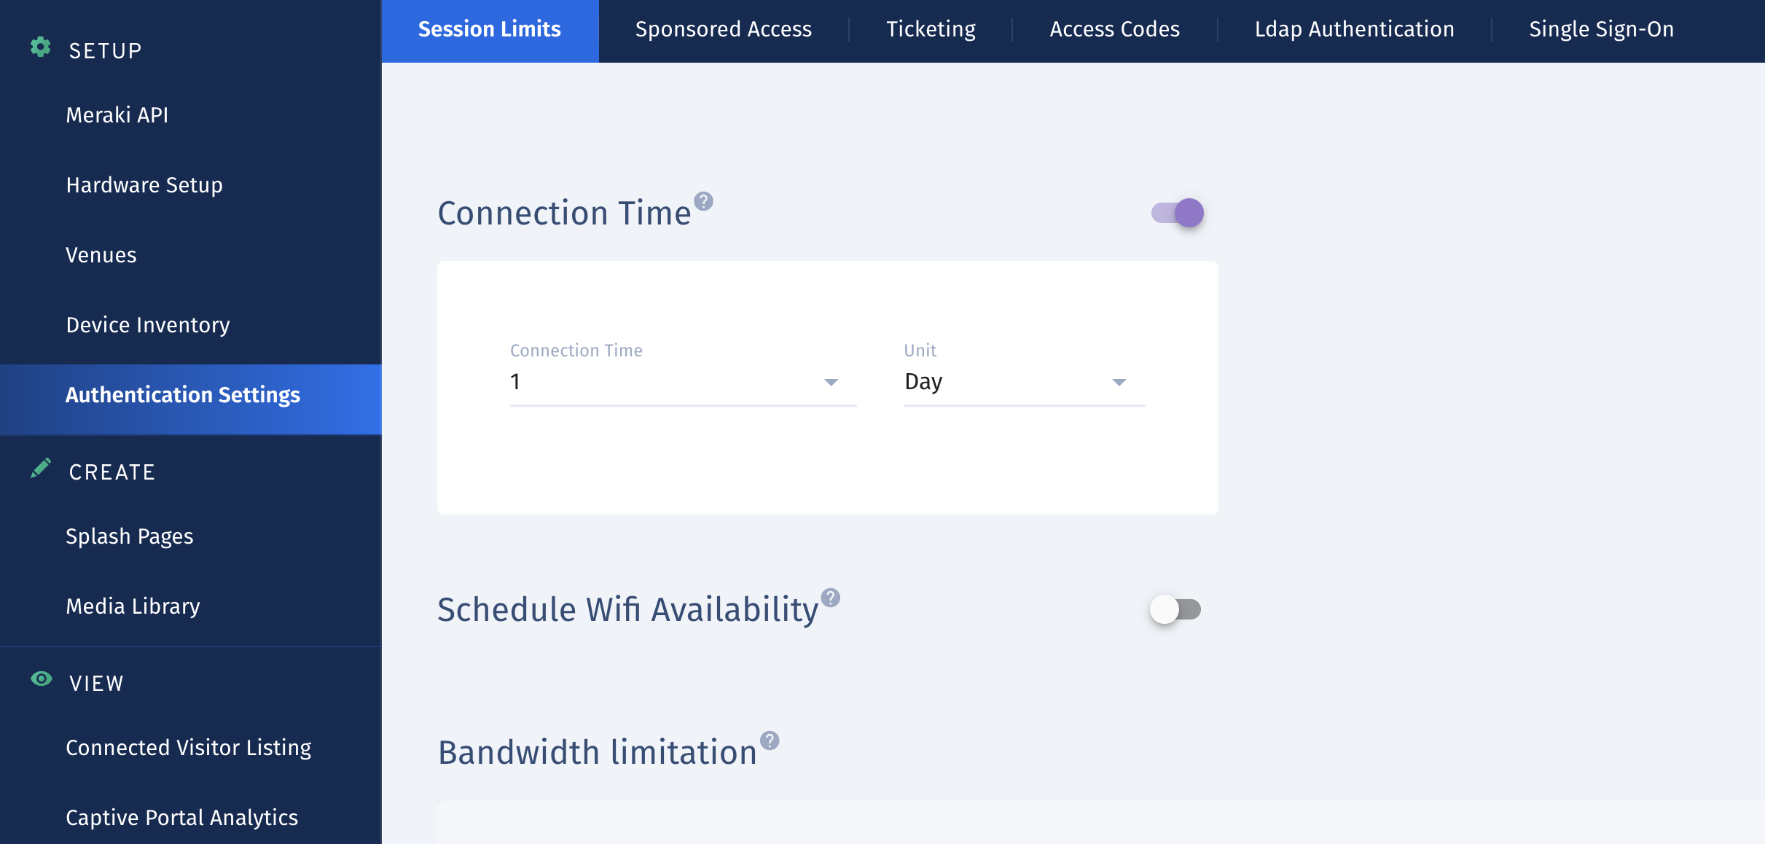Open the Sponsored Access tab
click(x=723, y=29)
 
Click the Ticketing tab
click(x=931, y=29)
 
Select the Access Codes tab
click(x=1114, y=29)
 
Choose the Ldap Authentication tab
click(x=1354, y=29)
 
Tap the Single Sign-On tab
click(x=1601, y=29)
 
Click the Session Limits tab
click(x=490, y=29)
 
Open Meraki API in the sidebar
click(x=117, y=115)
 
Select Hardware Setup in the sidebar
click(x=144, y=185)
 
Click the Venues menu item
click(x=101, y=255)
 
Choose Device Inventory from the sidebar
click(x=148, y=325)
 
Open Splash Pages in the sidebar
click(x=130, y=536)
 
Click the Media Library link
click(x=133, y=606)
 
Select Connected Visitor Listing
click(x=189, y=748)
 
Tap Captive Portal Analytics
click(x=182, y=818)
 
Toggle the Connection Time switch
click(x=1178, y=213)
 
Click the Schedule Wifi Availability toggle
click(x=1175, y=609)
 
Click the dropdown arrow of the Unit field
click(x=1119, y=383)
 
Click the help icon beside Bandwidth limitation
click(x=770, y=741)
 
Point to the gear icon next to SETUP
click(x=41, y=47)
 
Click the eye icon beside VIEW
click(x=42, y=679)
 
